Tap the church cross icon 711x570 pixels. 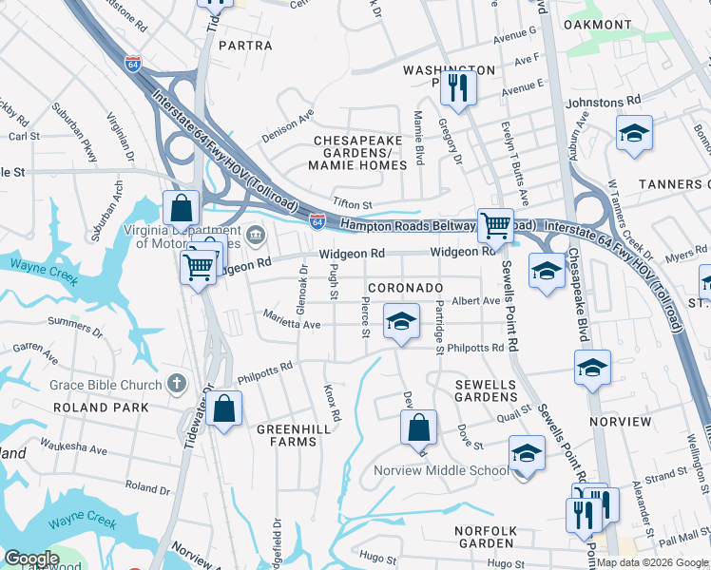[176, 384]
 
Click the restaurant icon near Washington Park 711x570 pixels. [458, 89]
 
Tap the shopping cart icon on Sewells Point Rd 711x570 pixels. [494, 226]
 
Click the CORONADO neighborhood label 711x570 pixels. [406, 287]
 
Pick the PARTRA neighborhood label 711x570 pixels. [245, 45]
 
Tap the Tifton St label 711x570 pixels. [352, 204]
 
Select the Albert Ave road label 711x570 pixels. [475, 301]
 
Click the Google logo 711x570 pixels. [31, 559]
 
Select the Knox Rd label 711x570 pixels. [333, 404]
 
